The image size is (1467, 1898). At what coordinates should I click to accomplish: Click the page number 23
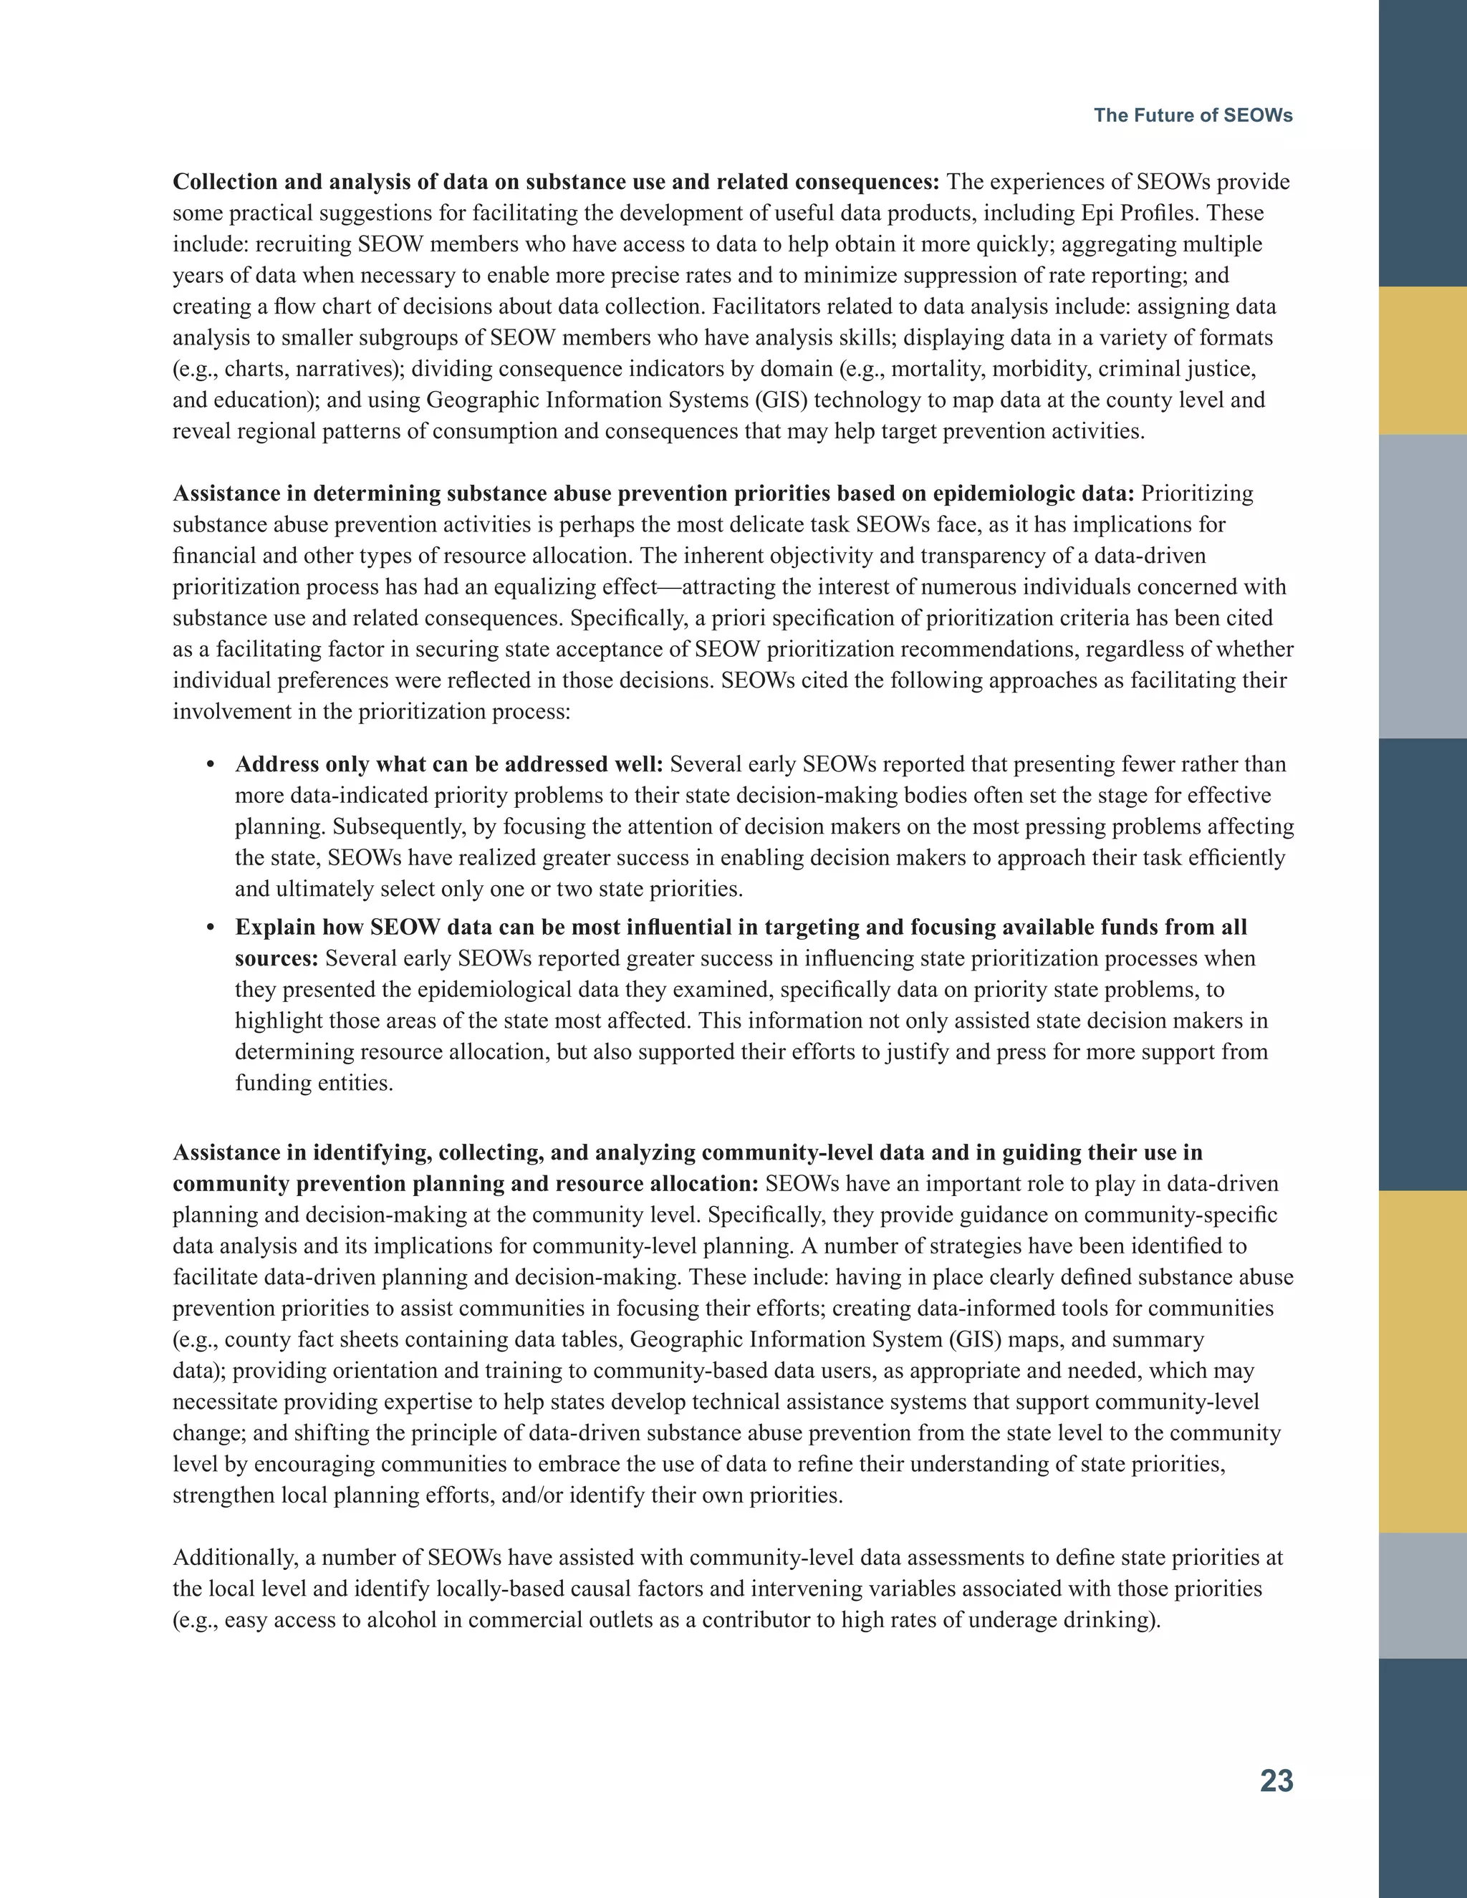tap(1276, 1781)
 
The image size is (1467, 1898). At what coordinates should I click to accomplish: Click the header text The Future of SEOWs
tap(1193, 115)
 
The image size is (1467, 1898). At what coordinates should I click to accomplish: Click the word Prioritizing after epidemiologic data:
tap(1197, 493)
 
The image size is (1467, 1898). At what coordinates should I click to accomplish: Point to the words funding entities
tap(313, 1084)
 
